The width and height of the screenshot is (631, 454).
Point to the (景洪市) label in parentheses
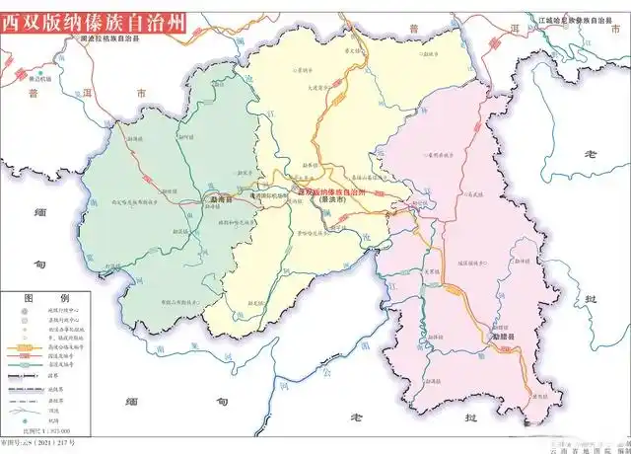click(x=332, y=198)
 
